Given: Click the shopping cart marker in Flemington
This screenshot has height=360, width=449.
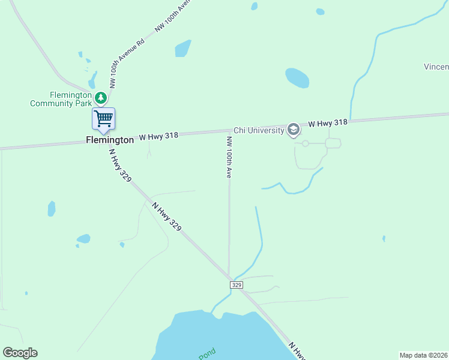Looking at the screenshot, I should [103, 118].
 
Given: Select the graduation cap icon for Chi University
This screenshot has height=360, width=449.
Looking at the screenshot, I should [293, 129].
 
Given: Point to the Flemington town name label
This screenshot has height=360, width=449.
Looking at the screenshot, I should [110, 140].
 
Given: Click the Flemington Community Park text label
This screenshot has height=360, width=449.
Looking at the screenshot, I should [61, 99].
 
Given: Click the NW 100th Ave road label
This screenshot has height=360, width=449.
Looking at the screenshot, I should [229, 157].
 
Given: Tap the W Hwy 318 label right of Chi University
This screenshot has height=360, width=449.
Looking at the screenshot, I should [328, 123].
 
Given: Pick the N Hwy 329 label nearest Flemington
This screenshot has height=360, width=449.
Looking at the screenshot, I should [119, 165].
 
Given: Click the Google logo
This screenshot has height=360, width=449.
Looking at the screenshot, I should [20, 352].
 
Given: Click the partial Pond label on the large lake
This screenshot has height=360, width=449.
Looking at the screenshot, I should [207, 353].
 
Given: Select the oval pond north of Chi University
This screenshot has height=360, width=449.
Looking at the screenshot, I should [297, 78].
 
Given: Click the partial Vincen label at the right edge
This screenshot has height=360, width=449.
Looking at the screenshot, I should [436, 66].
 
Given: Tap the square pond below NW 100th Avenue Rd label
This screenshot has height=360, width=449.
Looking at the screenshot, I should [183, 48].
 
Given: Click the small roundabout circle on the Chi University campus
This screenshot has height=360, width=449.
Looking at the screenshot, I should [306, 143].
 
